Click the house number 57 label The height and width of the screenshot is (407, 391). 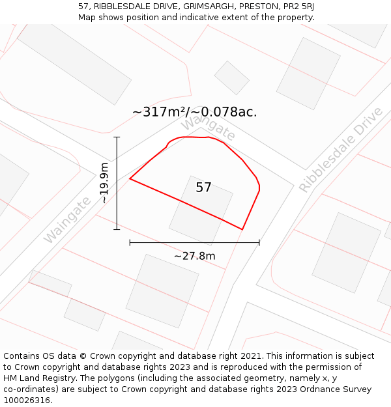[203, 188]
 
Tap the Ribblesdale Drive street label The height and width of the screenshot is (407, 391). [341, 150]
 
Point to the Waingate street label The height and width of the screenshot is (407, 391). [67, 220]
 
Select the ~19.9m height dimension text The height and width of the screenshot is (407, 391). [104, 183]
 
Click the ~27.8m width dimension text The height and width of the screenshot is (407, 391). [194, 256]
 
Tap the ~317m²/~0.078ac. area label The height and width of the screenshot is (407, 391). [194, 112]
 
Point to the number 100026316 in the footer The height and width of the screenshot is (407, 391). [28, 400]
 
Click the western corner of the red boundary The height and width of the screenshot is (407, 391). [130, 178]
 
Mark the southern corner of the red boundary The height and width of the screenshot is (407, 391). [242, 229]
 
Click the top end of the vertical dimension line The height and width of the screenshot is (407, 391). [117, 137]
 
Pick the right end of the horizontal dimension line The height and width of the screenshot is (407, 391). [259, 242]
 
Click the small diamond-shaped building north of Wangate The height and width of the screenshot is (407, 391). [231, 77]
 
